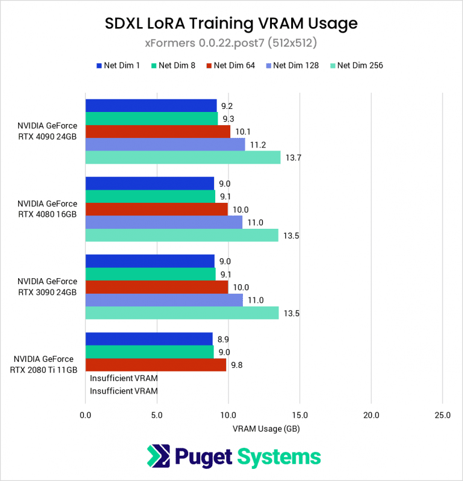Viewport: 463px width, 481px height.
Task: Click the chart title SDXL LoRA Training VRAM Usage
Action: coord(231,23)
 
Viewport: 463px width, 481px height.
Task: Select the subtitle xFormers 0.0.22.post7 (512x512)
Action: coord(231,43)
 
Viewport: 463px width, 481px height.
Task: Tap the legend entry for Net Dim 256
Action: coord(356,65)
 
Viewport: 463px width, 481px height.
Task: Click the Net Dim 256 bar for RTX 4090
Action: coord(183,157)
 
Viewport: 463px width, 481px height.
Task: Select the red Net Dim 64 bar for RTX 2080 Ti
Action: coord(156,365)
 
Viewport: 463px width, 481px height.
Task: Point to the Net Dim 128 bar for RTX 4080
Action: coord(163,222)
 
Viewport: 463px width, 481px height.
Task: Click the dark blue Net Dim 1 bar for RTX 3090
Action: coord(150,261)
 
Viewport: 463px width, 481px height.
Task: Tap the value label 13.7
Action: coord(292,158)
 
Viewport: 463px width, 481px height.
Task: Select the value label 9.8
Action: coord(238,365)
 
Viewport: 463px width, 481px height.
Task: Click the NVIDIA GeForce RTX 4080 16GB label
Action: coord(47,209)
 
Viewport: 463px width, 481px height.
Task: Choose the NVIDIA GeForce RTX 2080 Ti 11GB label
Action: coord(43,365)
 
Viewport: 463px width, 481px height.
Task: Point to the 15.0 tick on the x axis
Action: coord(300,415)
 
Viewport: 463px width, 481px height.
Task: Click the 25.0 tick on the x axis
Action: coord(443,415)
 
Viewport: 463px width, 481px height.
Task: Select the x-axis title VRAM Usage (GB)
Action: coord(265,429)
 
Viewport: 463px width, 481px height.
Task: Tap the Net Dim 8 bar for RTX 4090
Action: coord(151,119)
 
